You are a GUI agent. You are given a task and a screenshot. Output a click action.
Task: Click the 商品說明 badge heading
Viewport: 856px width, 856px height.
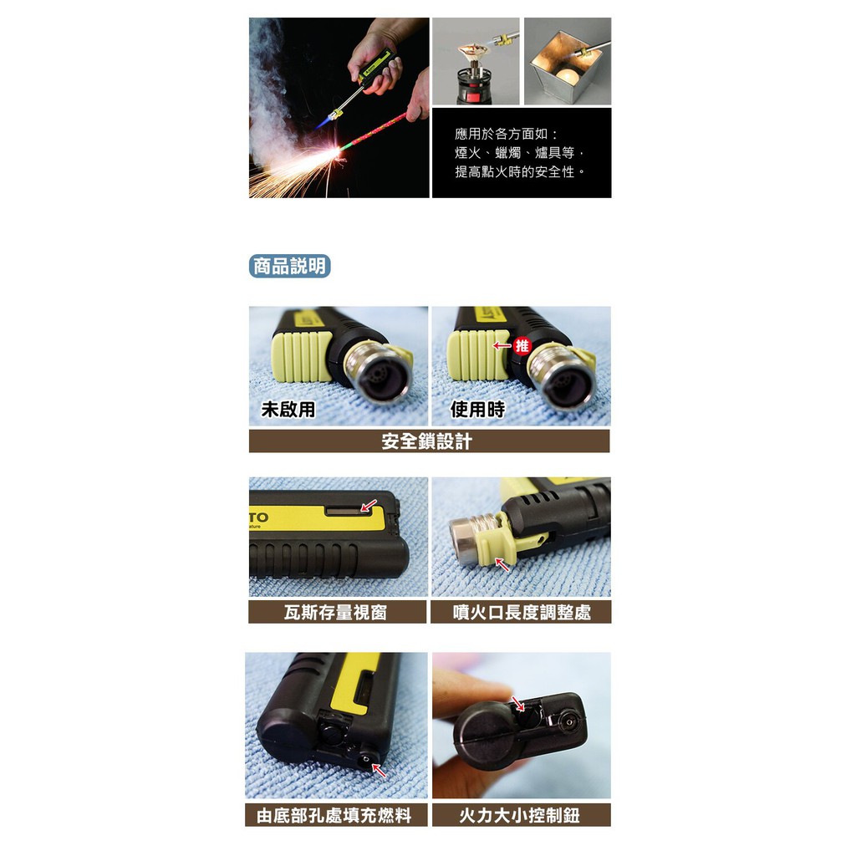coord(289,267)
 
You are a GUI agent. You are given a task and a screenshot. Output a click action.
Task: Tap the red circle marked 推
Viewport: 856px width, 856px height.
coord(522,345)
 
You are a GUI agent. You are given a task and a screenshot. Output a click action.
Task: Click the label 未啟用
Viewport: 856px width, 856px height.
coord(288,410)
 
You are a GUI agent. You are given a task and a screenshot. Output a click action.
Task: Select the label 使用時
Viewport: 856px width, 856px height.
coord(477,410)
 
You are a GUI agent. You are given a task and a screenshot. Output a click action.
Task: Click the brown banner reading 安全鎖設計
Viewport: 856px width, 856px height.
coord(429,441)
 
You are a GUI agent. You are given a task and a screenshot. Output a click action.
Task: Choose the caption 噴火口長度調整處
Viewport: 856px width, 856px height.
coord(521,612)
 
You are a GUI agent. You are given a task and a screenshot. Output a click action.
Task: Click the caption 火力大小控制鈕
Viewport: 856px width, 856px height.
coord(522,815)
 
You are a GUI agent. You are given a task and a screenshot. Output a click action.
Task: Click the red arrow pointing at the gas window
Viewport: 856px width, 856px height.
coord(369,506)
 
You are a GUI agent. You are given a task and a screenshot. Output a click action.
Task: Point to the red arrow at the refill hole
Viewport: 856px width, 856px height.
coord(379,770)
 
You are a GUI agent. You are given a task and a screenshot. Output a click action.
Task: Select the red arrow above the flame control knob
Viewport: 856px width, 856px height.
coord(517,703)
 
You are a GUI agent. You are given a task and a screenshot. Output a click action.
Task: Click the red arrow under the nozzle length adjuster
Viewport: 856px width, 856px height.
coord(502,564)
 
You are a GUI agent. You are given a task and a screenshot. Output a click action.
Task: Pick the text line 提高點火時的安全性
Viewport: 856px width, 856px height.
coord(520,172)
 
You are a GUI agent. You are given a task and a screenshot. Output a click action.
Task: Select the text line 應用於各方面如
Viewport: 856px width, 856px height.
coord(507,134)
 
